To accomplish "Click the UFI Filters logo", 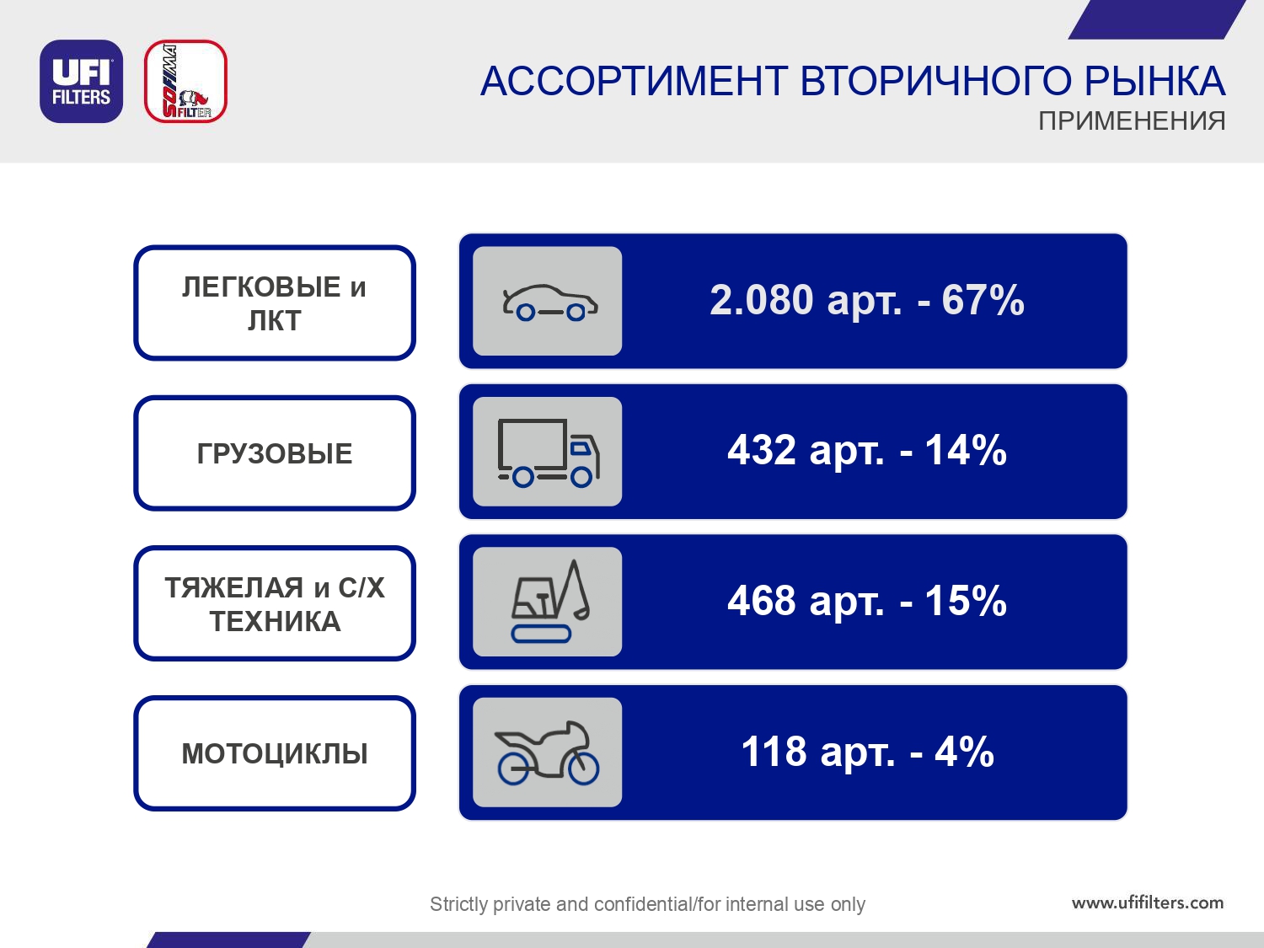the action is (81, 81).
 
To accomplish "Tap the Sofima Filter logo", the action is (185, 81).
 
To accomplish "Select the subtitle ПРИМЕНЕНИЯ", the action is (1132, 121).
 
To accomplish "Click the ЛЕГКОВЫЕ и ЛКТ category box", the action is (275, 303).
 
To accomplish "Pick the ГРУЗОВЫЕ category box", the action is (275, 453).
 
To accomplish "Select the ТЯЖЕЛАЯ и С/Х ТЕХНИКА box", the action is (275, 603).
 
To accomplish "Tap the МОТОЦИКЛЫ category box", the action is (275, 753).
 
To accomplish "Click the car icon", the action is (549, 303).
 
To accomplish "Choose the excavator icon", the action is (550, 601).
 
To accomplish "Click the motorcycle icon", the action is (547, 753).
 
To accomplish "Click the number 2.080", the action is (761, 300).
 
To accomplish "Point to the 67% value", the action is (983, 300).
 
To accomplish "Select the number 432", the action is (761, 450).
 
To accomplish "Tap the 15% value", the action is (966, 601).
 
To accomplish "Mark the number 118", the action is (774, 752).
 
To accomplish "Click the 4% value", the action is (964, 752).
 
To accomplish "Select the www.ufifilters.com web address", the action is (1148, 902).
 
